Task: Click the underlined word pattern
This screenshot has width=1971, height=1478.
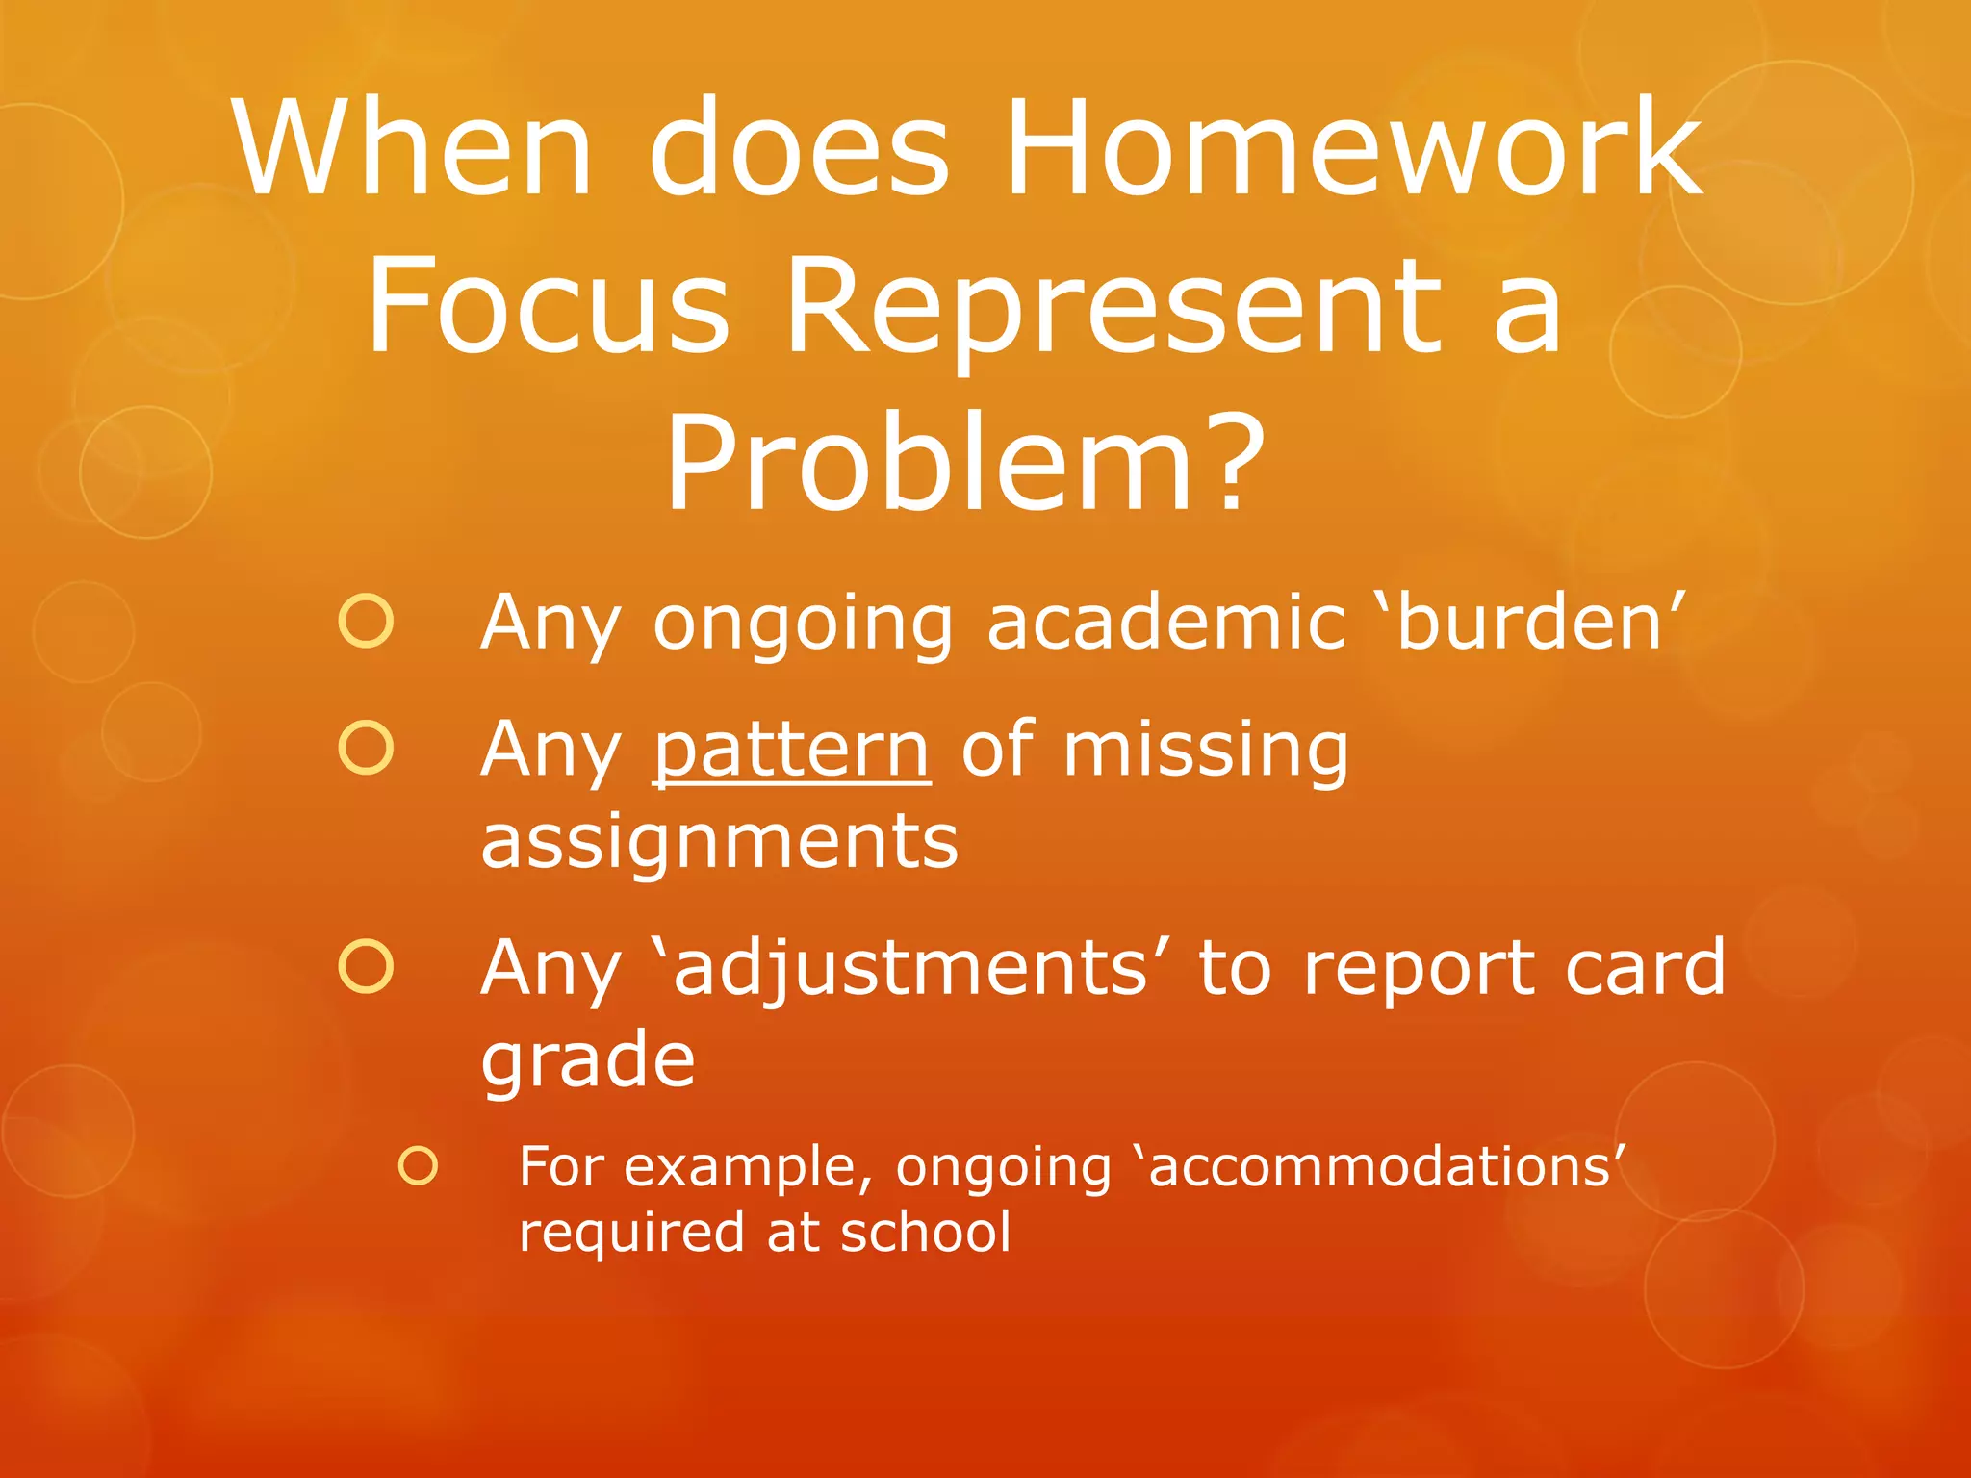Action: (x=791, y=750)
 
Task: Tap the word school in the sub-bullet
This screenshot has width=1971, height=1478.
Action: (x=925, y=1233)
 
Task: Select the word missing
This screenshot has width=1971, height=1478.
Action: (x=1204, y=750)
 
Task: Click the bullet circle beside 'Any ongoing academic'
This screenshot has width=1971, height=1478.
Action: (x=366, y=621)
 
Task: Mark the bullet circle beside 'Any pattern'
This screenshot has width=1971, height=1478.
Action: (x=366, y=748)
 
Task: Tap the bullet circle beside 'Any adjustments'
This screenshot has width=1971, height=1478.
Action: (x=366, y=966)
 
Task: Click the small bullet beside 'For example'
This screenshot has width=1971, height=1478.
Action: (x=418, y=1165)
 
